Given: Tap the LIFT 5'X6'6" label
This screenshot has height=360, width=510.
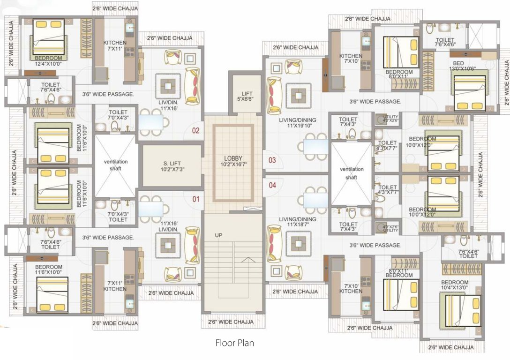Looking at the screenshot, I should pyautogui.click(x=244, y=97).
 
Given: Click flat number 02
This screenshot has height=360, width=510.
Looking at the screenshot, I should pyautogui.click(x=195, y=130).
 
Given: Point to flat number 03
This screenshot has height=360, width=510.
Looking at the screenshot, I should pyautogui.click(x=272, y=160).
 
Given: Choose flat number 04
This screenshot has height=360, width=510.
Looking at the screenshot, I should pyautogui.click(x=272, y=185).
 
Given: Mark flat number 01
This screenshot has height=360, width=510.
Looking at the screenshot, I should pyautogui.click(x=195, y=199).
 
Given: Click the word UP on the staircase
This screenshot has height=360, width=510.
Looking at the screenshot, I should pyautogui.click(x=218, y=235).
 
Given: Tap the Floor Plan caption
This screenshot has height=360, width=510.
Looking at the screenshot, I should pyautogui.click(x=234, y=343).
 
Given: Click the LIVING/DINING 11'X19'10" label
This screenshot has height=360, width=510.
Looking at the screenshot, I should pyautogui.click(x=298, y=122).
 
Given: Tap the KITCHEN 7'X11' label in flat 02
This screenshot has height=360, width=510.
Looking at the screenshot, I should pyautogui.click(x=115, y=45).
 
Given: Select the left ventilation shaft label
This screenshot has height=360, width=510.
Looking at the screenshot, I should pyautogui.click(x=115, y=165).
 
